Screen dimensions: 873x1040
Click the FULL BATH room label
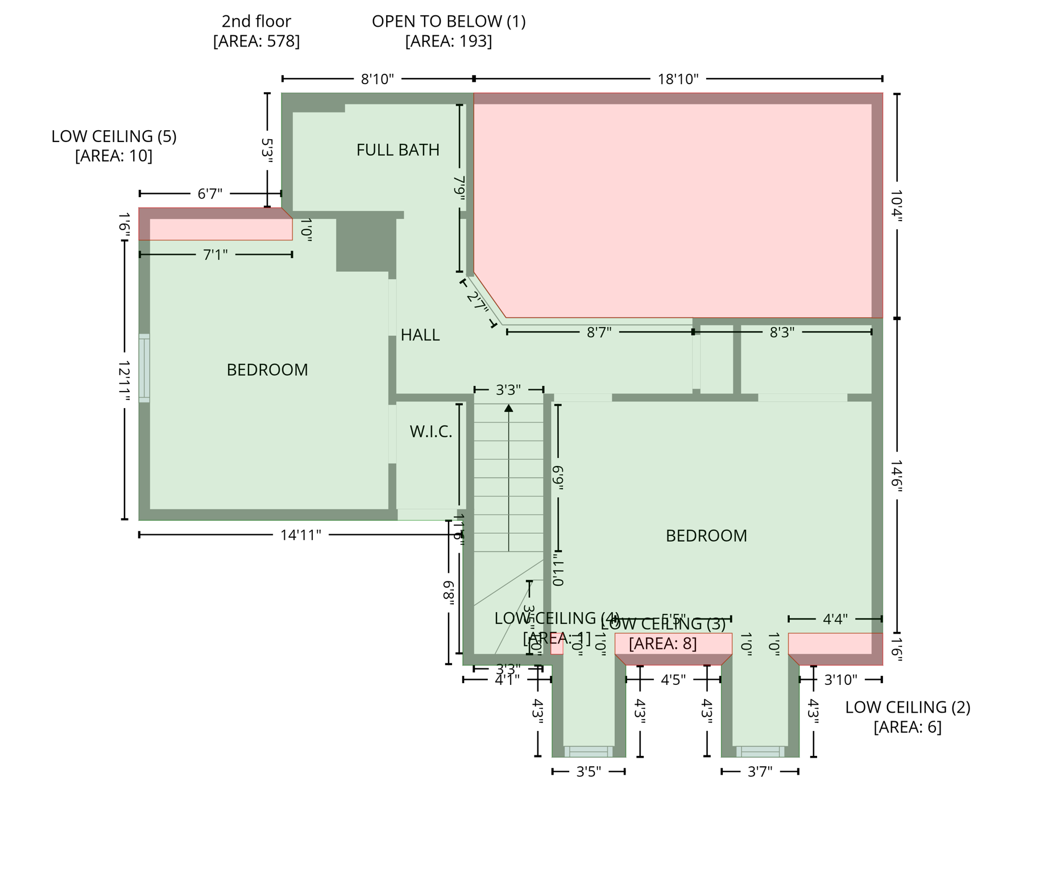[397, 150]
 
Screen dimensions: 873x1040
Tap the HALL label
[420, 335]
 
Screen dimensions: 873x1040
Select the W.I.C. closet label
[430, 432]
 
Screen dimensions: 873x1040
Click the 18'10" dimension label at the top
[678, 79]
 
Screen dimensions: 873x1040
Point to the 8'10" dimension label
[377, 79]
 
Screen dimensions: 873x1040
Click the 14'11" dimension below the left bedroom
[300, 535]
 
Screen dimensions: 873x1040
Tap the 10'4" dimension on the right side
[897, 206]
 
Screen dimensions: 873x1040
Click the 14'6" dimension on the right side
[897, 476]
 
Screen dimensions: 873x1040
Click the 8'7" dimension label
[599, 332]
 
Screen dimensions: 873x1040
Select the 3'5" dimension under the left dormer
[589, 772]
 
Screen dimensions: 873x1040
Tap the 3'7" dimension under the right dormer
[760, 772]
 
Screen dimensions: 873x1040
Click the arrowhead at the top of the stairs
[508, 408]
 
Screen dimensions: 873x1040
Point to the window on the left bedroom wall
[144, 368]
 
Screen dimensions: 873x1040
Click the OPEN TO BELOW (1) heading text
[449, 22]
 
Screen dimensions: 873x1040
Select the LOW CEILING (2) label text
[907, 708]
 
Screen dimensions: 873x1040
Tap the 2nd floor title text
[256, 22]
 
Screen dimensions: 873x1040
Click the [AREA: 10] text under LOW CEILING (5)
[114, 156]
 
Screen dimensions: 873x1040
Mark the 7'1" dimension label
[215, 255]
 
